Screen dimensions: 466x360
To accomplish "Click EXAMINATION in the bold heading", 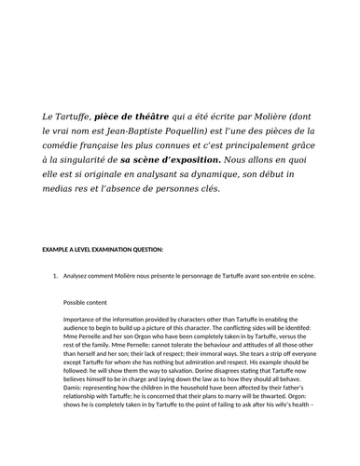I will pyautogui.click(x=108, y=251).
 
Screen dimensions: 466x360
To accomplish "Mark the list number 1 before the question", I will pyautogui.click(x=55, y=277).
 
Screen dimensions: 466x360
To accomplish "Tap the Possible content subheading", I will pyautogui.click(x=94, y=302).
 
